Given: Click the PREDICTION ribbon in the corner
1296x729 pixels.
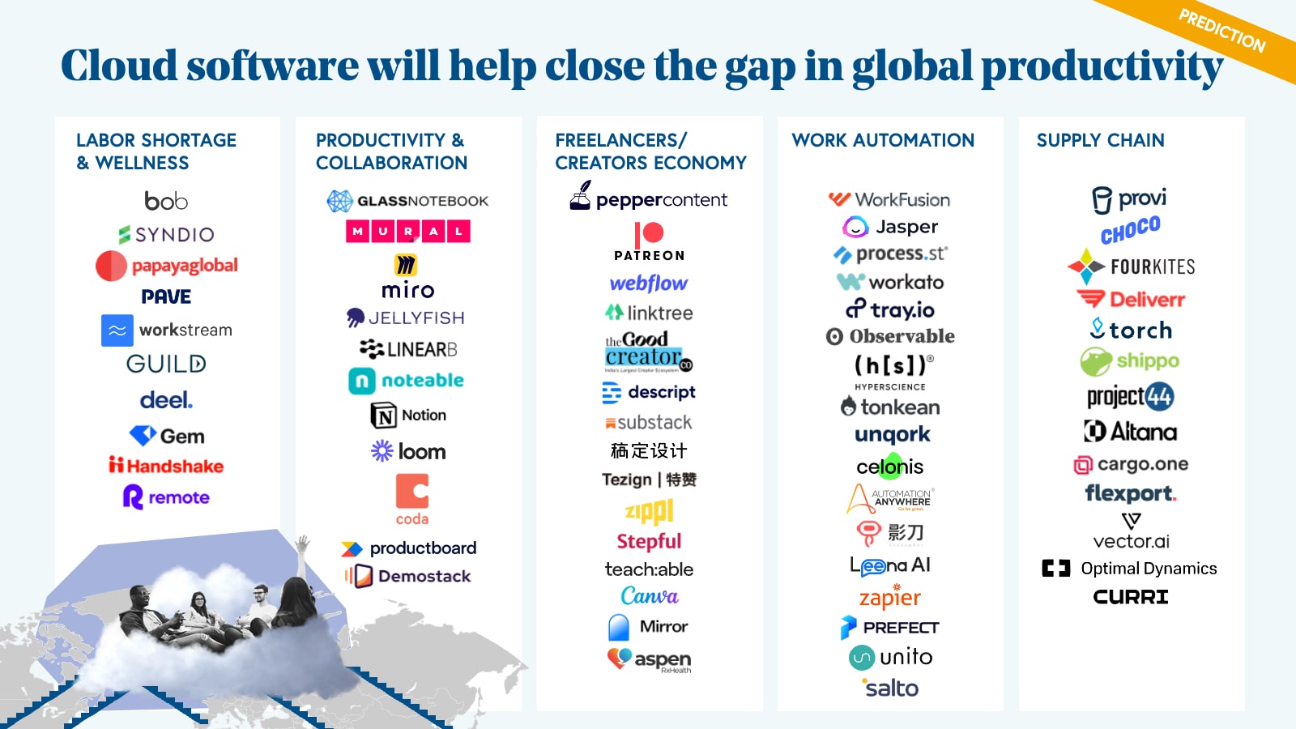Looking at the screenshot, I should click(1221, 31).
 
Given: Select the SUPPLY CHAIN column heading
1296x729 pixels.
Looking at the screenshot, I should click(1100, 140).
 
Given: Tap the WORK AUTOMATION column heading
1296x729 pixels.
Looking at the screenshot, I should click(883, 140).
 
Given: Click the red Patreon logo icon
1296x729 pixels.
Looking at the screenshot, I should click(649, 233).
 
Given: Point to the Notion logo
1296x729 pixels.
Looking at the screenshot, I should click(409, 416).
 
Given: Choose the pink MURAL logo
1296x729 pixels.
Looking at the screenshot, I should click(408, 231).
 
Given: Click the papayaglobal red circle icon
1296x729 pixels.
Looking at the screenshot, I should click(111, 266).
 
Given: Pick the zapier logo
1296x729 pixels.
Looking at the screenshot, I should click(890, 598).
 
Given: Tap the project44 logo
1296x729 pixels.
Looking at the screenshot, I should click(1130, 396).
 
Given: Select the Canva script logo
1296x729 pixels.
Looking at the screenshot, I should click(650, 596).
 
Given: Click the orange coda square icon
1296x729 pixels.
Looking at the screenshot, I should click(411, 491).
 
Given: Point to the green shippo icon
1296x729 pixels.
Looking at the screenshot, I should click(1095, 361).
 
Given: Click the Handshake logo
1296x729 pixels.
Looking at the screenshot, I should click(166, 466).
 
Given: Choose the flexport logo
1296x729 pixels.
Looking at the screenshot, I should click(1131, 493).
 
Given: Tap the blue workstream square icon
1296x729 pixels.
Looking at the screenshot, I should click(117, 330).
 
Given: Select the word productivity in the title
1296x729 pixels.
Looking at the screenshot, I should click(1102, 66).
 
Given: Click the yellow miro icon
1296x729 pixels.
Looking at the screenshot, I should click(406, 265).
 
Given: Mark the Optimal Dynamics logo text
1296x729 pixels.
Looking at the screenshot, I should click(1148, 569).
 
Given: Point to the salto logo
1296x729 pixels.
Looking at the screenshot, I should click(890, 688).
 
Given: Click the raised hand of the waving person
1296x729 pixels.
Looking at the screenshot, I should click(304, 542).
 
